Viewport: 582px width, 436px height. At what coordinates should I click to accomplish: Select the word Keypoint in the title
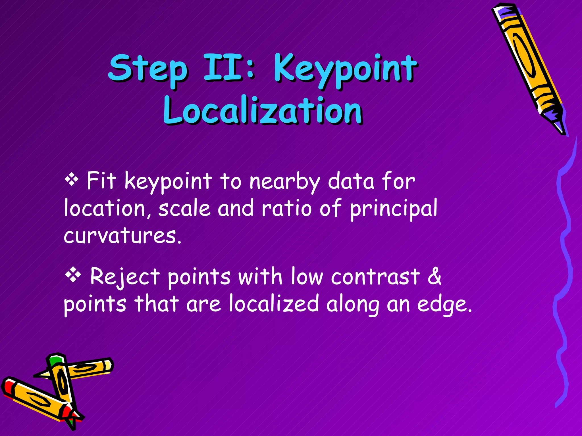pos(345,70)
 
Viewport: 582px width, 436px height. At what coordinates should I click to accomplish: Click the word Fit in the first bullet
pos(101,181)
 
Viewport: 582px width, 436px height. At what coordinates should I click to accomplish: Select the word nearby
pos(284,182)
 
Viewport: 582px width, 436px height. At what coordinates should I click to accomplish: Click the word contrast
pos(375,276)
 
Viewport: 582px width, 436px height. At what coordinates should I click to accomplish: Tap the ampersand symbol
pos(434,276)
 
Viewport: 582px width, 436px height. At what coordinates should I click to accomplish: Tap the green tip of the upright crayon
pos(55,360)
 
